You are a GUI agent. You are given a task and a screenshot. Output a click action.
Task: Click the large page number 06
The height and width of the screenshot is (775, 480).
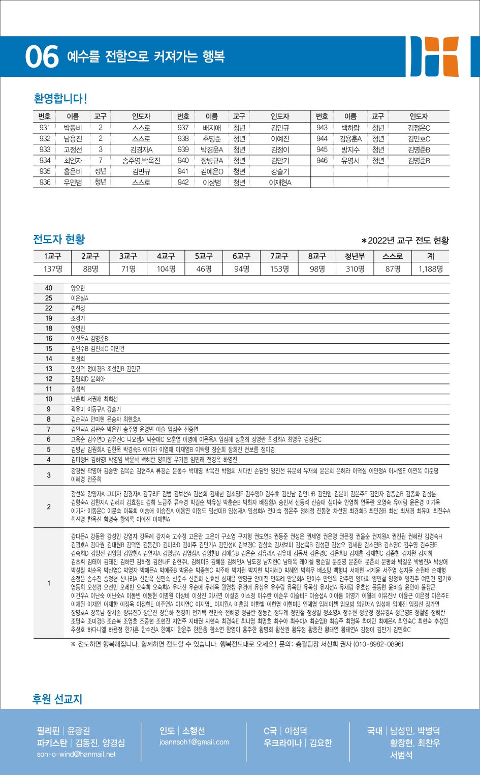click(x=42, y=56)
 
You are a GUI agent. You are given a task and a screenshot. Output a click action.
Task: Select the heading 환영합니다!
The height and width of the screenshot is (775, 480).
click(x=60, y=98)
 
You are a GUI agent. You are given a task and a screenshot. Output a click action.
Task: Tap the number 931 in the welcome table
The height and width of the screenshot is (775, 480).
click(x=45, y=128)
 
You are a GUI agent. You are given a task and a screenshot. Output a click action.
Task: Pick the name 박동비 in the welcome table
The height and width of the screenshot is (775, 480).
click(x=73, y=128)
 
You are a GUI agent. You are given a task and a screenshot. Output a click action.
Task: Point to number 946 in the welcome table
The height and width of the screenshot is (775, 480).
click(x=322, y=161)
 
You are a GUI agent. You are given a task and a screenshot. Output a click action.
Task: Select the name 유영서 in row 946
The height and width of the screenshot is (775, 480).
click(x=350, y=161)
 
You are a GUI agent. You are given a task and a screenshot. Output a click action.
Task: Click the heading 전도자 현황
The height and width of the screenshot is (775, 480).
click(x=59, y=239)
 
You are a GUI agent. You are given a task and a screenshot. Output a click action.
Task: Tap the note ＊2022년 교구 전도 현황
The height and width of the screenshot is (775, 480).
click(x=405, y=241)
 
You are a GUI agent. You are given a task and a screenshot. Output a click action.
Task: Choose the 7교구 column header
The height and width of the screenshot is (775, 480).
click(x=279, y=256)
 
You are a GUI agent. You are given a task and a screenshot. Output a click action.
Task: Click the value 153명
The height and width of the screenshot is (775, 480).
click(x=279, y=269)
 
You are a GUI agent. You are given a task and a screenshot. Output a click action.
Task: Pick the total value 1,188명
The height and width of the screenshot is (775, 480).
click(x=431, y=269)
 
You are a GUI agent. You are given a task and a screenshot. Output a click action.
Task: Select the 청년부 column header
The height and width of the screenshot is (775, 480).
click(x=355, y=256)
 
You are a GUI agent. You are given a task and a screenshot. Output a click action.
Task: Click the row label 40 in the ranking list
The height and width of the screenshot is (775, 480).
click(x=49, y=288)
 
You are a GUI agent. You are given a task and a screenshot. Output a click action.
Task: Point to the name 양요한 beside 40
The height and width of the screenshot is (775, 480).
click(x=78, y=288)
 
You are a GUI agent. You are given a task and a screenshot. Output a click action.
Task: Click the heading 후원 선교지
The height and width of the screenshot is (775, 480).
click(x=57, y=699)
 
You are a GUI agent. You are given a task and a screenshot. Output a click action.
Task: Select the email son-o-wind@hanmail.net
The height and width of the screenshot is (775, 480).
click(x=76, y=754)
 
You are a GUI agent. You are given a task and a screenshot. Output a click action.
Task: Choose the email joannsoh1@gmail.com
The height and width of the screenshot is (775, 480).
click(x=194, y=742)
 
